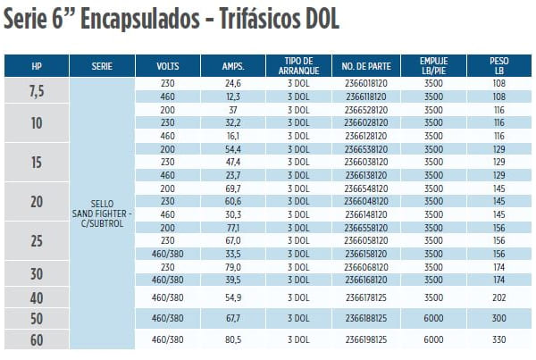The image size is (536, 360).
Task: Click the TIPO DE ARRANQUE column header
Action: tap(296, 66)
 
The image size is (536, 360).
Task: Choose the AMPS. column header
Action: tap(233, 66)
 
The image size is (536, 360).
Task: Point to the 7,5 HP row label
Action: tap(37, 89)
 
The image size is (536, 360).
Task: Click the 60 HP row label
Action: tap(37, 340)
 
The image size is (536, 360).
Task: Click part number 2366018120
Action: tap(364, 83)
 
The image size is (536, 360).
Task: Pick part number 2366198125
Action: tap(364, 340)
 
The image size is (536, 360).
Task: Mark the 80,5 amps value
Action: tap(233, 340)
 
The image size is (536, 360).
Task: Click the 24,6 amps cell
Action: tap(233, 83)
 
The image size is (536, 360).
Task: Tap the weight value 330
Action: tap(499, 340)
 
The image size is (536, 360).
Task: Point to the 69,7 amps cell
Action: tap(233, 190)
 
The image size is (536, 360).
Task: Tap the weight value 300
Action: tap(499, 318)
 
